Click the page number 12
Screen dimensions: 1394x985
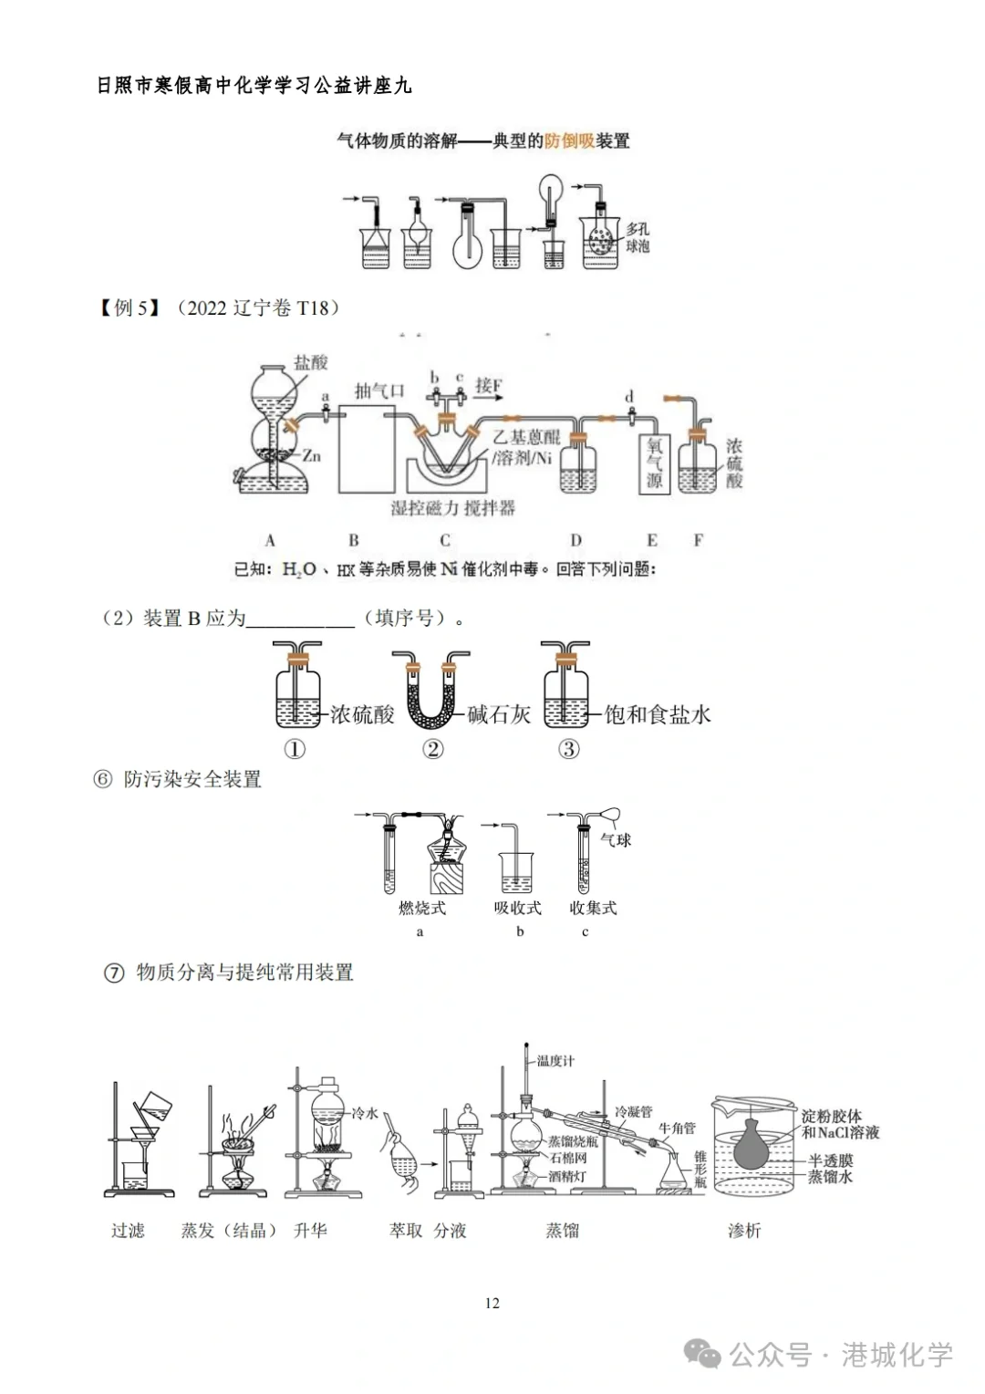(493, 1303)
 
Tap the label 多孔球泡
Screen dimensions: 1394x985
(638, 237)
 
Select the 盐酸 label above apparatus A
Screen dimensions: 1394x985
(310, 362)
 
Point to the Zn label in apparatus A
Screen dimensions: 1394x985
(312, 455)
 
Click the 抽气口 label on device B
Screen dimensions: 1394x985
(379, 391)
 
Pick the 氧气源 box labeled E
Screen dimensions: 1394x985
(654, 463)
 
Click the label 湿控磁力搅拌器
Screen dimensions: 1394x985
(453, 508)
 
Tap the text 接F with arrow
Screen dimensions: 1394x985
(490, 386)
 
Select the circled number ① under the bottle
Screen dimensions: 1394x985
(295, 749)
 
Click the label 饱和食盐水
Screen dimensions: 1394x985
(658, 714)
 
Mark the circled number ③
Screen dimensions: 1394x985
(568, 749)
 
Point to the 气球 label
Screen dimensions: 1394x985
(617, 839)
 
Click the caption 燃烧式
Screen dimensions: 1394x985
(422, 908)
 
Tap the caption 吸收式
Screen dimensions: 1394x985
(518, 908)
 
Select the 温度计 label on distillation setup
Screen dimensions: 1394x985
(555, 1061)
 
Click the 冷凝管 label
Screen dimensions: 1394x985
(633, 1112)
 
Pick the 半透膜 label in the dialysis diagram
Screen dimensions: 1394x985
(830, 1161)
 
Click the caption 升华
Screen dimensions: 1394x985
(310, 1231)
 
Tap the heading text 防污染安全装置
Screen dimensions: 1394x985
(192, 779)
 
